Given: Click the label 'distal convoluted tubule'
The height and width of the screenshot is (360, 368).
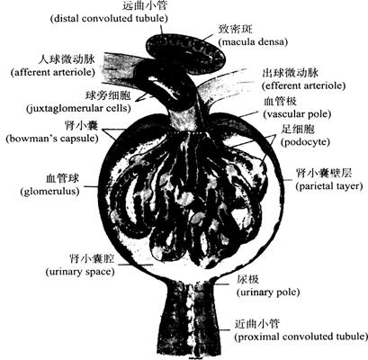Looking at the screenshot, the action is tap(109, 18).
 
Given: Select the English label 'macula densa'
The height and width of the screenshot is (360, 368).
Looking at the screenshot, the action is tap(253, 41).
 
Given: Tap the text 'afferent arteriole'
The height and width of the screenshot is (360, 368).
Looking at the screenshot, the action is tap(53, 73).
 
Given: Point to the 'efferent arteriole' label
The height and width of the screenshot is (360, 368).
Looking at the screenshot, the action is tap(303, 85).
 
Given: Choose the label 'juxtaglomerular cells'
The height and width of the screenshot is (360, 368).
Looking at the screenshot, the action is tap(78, 108).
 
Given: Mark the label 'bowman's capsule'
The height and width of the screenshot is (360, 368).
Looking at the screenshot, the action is tap(52, 139).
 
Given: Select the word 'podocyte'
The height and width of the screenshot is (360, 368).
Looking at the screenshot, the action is tap(305, 142).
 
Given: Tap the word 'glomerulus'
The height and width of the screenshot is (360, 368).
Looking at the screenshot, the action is tap(50, 191).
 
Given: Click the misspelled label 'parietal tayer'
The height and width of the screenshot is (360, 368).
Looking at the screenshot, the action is tap(329, 186).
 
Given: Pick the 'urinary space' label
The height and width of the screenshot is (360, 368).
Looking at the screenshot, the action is tap(80, 272).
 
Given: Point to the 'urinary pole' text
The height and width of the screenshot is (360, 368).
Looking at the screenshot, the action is tap(268, 292).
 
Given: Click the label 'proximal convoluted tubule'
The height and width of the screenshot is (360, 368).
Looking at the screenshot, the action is tap(301, 337).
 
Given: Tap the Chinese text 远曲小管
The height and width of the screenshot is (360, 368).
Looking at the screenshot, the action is tap(145, 5).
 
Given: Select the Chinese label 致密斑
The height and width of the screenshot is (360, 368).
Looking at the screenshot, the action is tap(236, 29).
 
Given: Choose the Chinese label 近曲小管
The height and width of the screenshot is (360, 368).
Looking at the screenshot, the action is tap(257, 324).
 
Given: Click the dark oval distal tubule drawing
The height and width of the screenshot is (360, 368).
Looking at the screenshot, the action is tap(186, 52).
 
